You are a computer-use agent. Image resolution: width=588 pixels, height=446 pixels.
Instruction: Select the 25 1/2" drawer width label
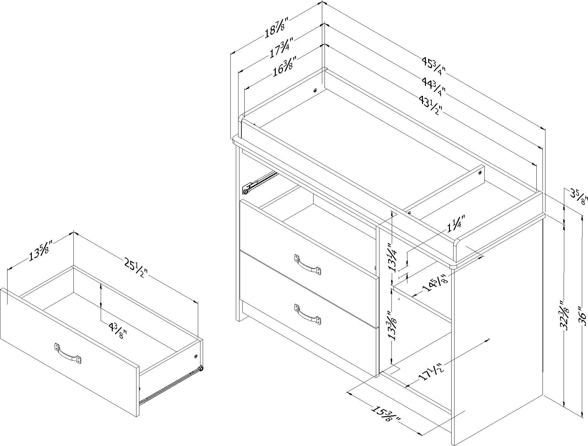pyautogui.click(x=135, y=264)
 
